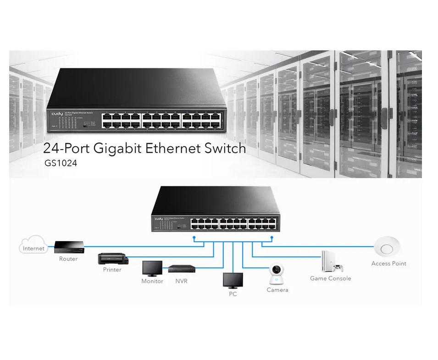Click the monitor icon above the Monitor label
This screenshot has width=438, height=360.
click(152, 268)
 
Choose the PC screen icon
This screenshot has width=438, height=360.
click(233, 280)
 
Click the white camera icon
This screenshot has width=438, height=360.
click(277, 274)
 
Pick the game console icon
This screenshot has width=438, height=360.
click(332, 261)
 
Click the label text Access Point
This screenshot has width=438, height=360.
click(388, 263)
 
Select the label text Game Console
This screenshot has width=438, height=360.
click(330, 278)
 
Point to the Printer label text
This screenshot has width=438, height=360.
click(112, 270)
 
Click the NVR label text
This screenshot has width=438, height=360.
click(181, 281)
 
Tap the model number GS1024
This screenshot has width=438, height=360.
click(60, 162)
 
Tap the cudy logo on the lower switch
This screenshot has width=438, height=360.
click(159, 218)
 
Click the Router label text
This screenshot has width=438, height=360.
click(68, 259)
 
